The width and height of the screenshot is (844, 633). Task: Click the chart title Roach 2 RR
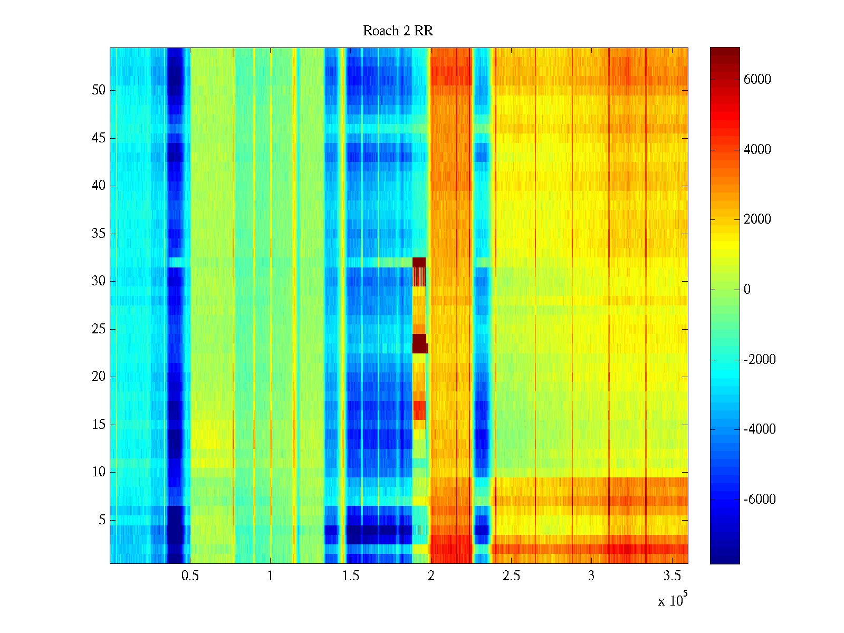[398, 31]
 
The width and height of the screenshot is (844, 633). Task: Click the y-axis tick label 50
[99, 90]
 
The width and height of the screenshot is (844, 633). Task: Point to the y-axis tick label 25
[99, 329]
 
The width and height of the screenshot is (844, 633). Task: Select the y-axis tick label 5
[102, 520]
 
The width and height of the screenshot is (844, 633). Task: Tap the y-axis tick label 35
[99, 234]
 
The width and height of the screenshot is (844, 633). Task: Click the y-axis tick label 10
[99, 472]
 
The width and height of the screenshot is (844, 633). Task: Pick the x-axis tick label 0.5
[190, 576]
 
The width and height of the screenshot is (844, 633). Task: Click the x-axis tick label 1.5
[351, 576]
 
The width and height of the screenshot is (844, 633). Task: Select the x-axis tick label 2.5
[511, 576]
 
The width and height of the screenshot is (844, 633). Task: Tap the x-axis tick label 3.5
[672, 576]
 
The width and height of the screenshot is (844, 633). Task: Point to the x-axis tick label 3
[591, 576]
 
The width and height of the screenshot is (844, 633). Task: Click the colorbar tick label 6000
[757, 80]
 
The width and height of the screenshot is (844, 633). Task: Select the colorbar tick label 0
[747, 290]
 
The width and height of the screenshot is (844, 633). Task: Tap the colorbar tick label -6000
[759, 500]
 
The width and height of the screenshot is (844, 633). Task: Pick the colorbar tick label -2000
[759, 360]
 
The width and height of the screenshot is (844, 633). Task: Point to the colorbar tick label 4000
[757, 150]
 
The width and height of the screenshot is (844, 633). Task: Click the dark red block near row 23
[419, 343]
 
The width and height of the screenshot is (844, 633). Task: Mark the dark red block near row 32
[419, 262]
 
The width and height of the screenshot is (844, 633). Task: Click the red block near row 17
[419, 410]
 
